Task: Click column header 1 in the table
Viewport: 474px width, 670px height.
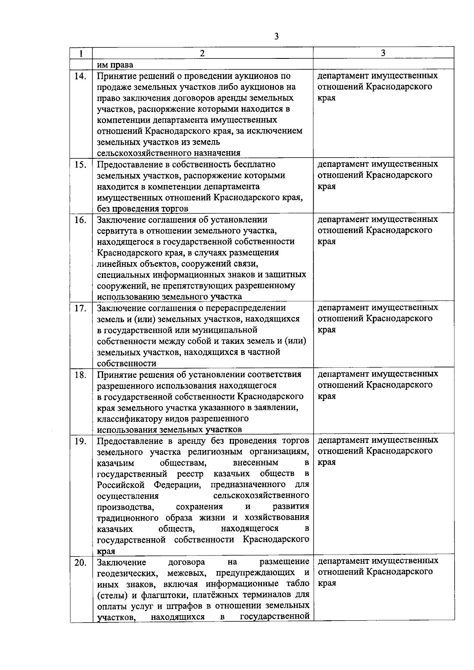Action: pos(81,53)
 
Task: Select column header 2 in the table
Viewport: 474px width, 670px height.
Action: pos(202,53)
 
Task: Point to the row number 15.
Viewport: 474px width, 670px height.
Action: pos(81,165)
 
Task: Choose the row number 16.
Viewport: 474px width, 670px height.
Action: pos(81,220)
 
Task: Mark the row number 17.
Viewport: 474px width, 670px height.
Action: pos(81,308)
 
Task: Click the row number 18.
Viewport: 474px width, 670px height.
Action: pos(81,375)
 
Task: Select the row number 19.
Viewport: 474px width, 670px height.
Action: pos(81,441)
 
